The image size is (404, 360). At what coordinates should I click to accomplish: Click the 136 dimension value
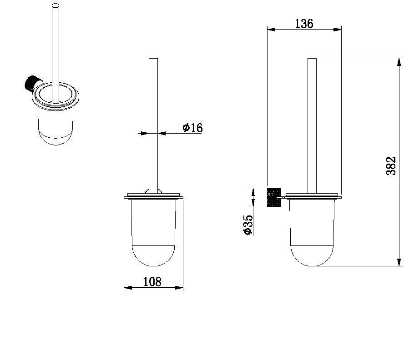304,24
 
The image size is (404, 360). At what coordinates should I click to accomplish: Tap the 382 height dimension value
391,166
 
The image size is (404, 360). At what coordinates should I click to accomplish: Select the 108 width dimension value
152,281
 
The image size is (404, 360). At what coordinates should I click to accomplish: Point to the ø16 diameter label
193,128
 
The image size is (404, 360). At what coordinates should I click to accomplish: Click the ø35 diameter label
248,225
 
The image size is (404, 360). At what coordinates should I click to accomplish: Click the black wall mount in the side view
274,197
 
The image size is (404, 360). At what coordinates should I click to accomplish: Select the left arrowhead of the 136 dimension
271,30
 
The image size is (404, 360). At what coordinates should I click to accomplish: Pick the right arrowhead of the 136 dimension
338,30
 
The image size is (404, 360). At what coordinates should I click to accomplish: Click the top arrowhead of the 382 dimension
399,62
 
